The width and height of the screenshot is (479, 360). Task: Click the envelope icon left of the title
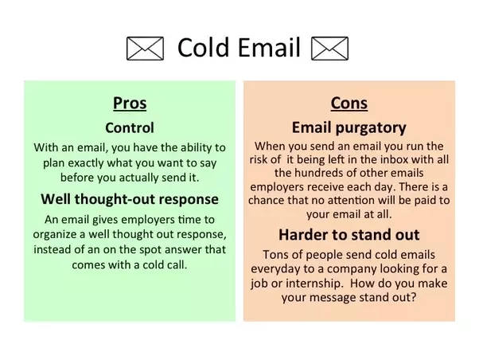(145, 49)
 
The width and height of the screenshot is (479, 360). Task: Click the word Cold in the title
(204, 48)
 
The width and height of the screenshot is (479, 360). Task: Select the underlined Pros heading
(130, 103)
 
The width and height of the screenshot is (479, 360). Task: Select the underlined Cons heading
(348, 103)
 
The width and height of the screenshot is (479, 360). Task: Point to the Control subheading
(130, 127)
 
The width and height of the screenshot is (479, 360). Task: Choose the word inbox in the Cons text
(381, 159)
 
